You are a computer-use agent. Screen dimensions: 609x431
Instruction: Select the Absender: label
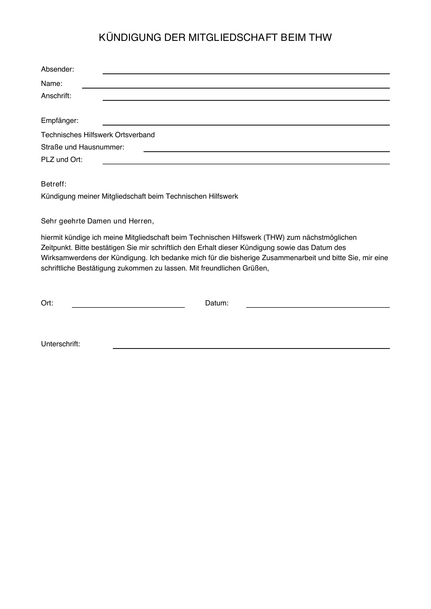[57, 70]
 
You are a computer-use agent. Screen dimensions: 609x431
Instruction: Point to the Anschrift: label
[56, 96]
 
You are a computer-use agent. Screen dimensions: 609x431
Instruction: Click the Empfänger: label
[60, 121]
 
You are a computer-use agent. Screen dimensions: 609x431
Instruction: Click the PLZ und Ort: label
[61, 160]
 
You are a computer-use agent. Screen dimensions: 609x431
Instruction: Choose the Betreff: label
[54, 184]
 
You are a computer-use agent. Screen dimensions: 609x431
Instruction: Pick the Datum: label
[217, 303]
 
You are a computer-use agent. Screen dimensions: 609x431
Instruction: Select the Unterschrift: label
[60, 344]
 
